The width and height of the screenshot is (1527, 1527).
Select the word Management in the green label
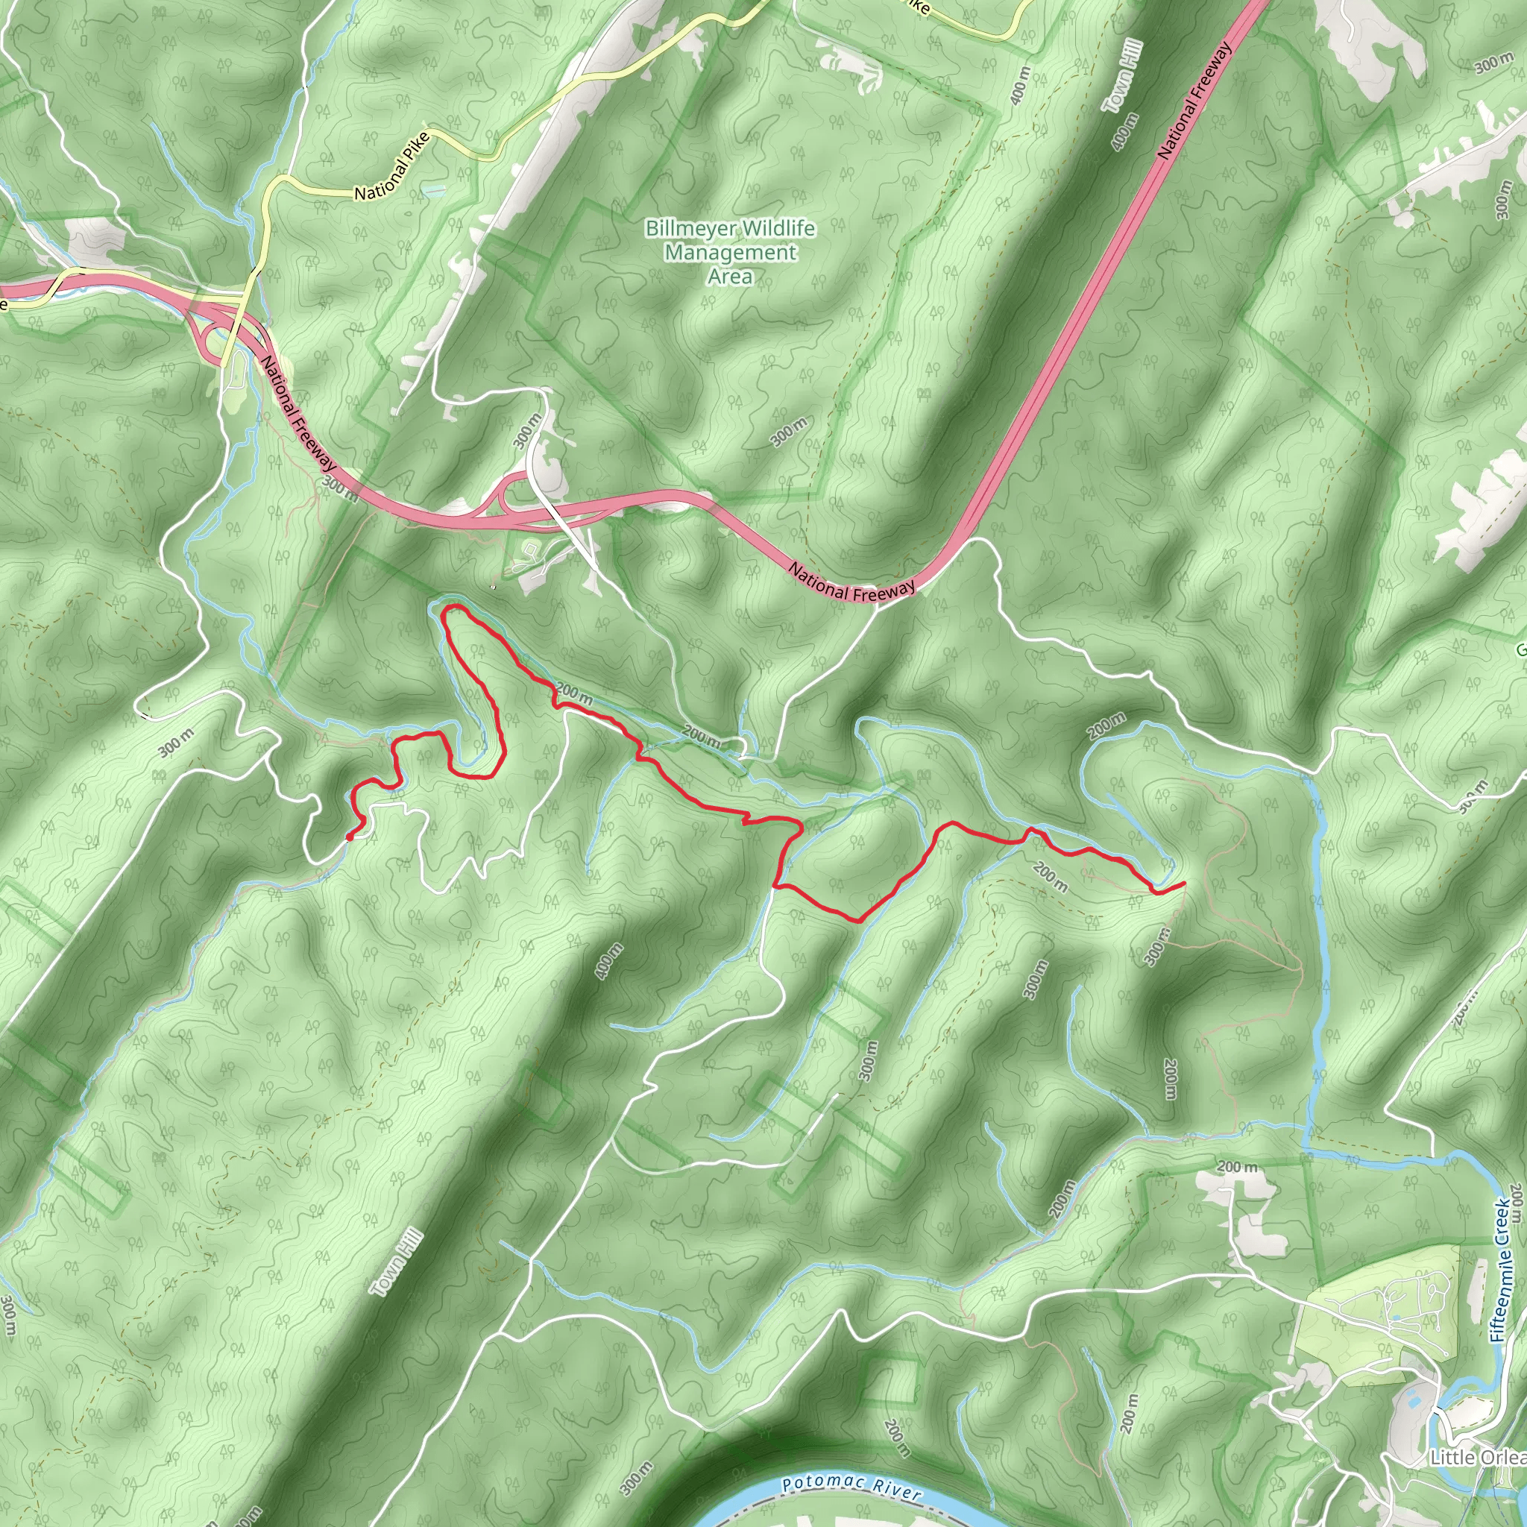(x=730, y=253)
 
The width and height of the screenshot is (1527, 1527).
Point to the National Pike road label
(x=392, y=167)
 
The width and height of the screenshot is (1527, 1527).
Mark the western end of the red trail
(x=348, y=837)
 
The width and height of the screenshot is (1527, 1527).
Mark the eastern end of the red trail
(x=1183, y=883)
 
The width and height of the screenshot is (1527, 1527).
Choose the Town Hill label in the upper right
(x=1123, y=77)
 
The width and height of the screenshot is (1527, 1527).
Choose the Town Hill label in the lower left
(x=397, y=1263)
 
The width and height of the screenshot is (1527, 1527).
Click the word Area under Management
(x=729, y=277)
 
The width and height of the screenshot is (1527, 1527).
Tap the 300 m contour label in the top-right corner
(x=1493, y=64)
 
